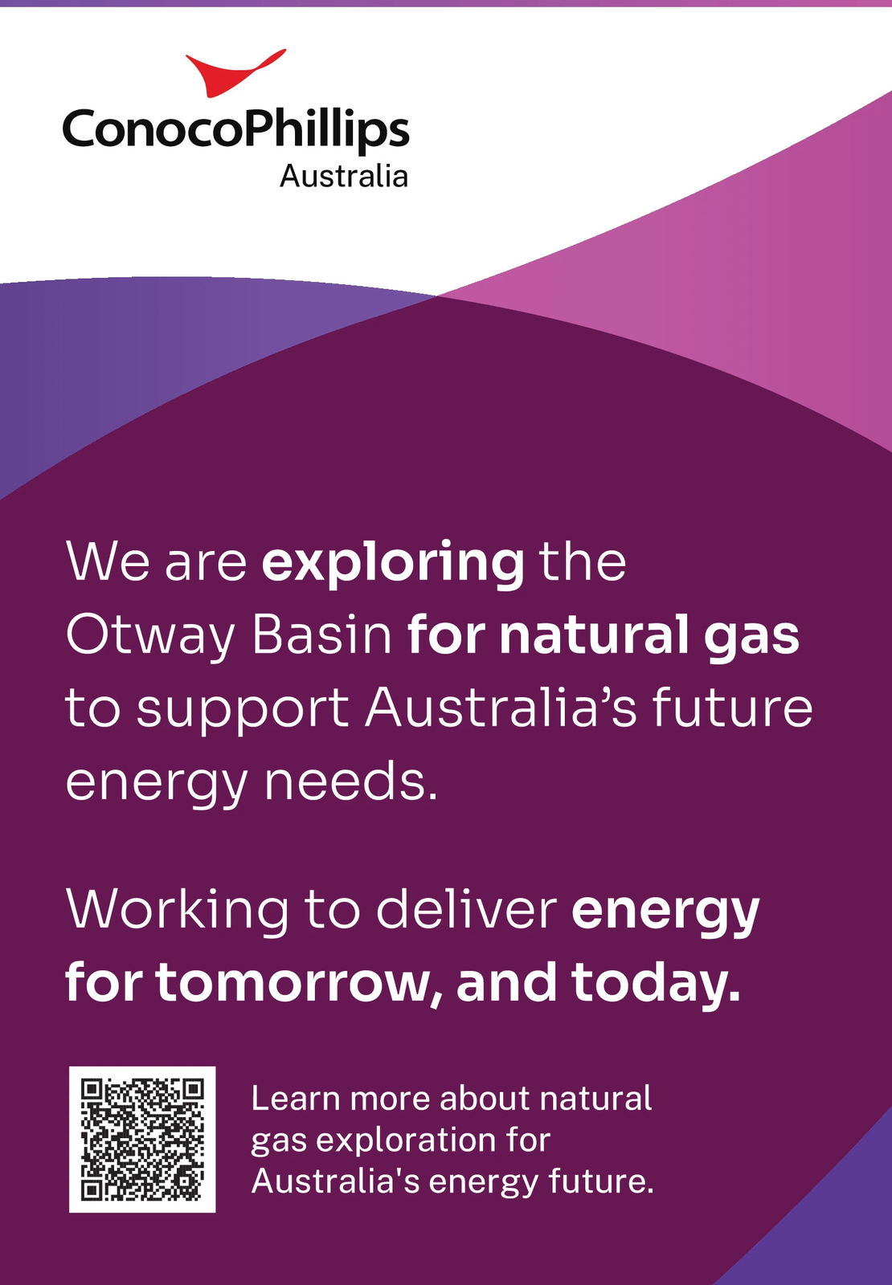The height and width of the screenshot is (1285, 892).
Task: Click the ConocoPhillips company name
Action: tap(236, 130)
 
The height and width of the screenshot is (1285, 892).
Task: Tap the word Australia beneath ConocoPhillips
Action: tap(344, 176)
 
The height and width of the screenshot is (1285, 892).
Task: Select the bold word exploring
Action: tap(393, 563)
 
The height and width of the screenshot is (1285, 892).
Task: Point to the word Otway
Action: tap(150, 637)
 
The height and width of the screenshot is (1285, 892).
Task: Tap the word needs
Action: tap(350, 782)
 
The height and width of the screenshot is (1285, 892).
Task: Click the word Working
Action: tap(178, 912)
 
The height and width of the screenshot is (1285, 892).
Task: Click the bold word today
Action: tap(656, 985)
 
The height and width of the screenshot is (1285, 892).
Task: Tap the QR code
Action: tap(142, 1140)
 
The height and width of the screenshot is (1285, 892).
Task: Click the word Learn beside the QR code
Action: tap(296, 1098)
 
